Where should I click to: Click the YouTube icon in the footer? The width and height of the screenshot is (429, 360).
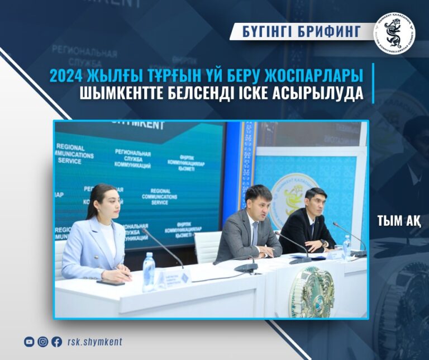click(x=29, y=342)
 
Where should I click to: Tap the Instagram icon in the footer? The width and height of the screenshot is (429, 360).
click(x=43, y=342)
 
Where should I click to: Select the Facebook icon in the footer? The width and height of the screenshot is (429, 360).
click(x=56, y=342)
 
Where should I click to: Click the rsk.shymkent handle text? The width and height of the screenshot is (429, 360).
click(x=94, y=342)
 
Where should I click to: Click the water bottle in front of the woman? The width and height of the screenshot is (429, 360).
click(x=148, y=271)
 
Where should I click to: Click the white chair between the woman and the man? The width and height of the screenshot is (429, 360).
click(x=207, y=246)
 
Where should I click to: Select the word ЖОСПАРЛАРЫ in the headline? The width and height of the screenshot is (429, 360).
click(x=313, y=75)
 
